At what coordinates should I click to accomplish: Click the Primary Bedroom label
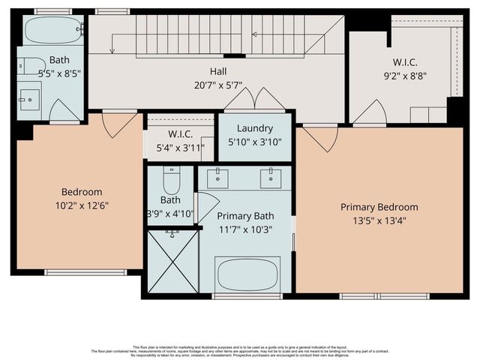point(379,207)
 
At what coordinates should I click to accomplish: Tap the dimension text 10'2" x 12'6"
point(82,205)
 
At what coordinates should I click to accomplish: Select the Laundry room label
point(254,128)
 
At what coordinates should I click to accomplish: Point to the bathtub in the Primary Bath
point(247,273)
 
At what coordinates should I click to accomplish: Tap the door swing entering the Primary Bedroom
point(320,136)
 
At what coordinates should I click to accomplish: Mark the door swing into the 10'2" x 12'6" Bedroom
point(119,124)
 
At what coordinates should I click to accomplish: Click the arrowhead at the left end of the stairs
point(112,49)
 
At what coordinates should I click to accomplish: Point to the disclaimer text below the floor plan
point(240,350)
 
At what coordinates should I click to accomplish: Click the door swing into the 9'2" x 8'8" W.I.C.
point(370,112)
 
